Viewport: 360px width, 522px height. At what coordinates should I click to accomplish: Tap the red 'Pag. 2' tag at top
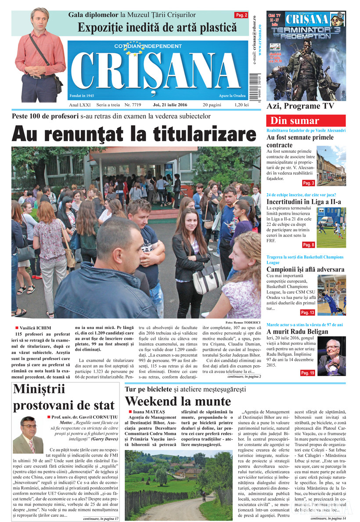coord(241,15)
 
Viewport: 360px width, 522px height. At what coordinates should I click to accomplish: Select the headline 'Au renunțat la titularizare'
coord(134,133)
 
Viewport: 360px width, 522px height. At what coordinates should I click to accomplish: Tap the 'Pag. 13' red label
coord(307,313)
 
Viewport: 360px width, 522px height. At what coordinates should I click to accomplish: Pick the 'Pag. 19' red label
coord(307,373)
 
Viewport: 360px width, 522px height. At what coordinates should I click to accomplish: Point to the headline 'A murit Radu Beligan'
coord(297,331)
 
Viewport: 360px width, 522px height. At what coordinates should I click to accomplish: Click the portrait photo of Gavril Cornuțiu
coord(28,435)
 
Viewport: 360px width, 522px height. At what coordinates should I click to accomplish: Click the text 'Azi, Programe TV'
coord(300,106)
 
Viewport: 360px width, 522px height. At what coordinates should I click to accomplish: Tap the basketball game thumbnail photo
coord(331,295)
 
